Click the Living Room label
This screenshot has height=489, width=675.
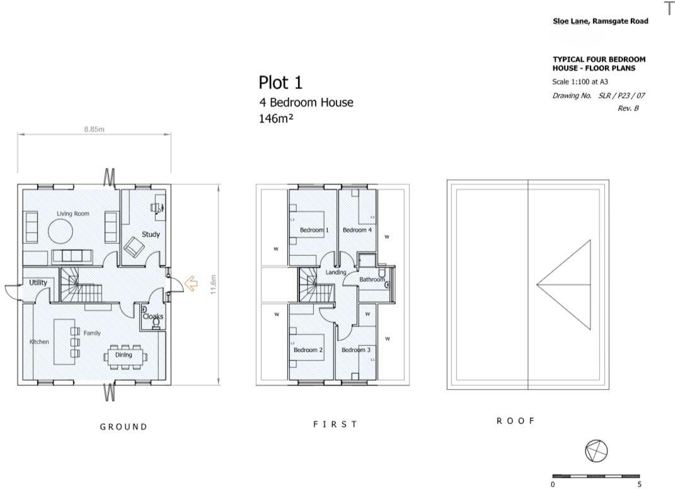click(73, 214)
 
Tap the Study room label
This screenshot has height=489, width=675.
click(151, 234)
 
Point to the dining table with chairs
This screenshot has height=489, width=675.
click(124, 355)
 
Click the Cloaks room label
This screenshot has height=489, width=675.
click(153, 317)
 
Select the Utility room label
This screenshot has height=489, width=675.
click(38, 283)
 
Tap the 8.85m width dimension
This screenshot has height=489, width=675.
click(94, 129)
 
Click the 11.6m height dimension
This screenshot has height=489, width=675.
click(214, 284)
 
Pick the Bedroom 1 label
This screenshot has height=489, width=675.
click(314, 230)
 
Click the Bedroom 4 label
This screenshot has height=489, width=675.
click(357, 230)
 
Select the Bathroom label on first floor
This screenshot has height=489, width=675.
click(372, 279)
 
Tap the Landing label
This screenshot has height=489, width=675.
click(336, 272)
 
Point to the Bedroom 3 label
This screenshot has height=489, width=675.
click(355, 350)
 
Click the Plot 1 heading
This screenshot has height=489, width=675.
click(280, 83)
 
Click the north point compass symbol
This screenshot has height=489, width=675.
click(596, 451)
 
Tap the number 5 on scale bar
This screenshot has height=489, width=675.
click(639, 485)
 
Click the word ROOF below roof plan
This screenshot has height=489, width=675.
click(516, 421)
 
